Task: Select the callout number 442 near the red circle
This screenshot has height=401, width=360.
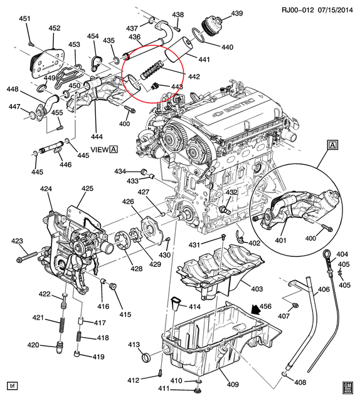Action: click(x=194, y=76)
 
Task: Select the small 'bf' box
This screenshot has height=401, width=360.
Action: click(x=11, y=384)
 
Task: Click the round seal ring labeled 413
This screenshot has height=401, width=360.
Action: click(x=145, y=358)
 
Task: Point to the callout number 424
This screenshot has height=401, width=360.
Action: click(x=46, y=189)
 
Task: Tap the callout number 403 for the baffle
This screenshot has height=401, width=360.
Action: click(x=257, y=288)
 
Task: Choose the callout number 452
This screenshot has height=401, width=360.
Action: click(x=55, y=28)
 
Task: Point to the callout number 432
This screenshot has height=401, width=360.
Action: click(x=231, y=192)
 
